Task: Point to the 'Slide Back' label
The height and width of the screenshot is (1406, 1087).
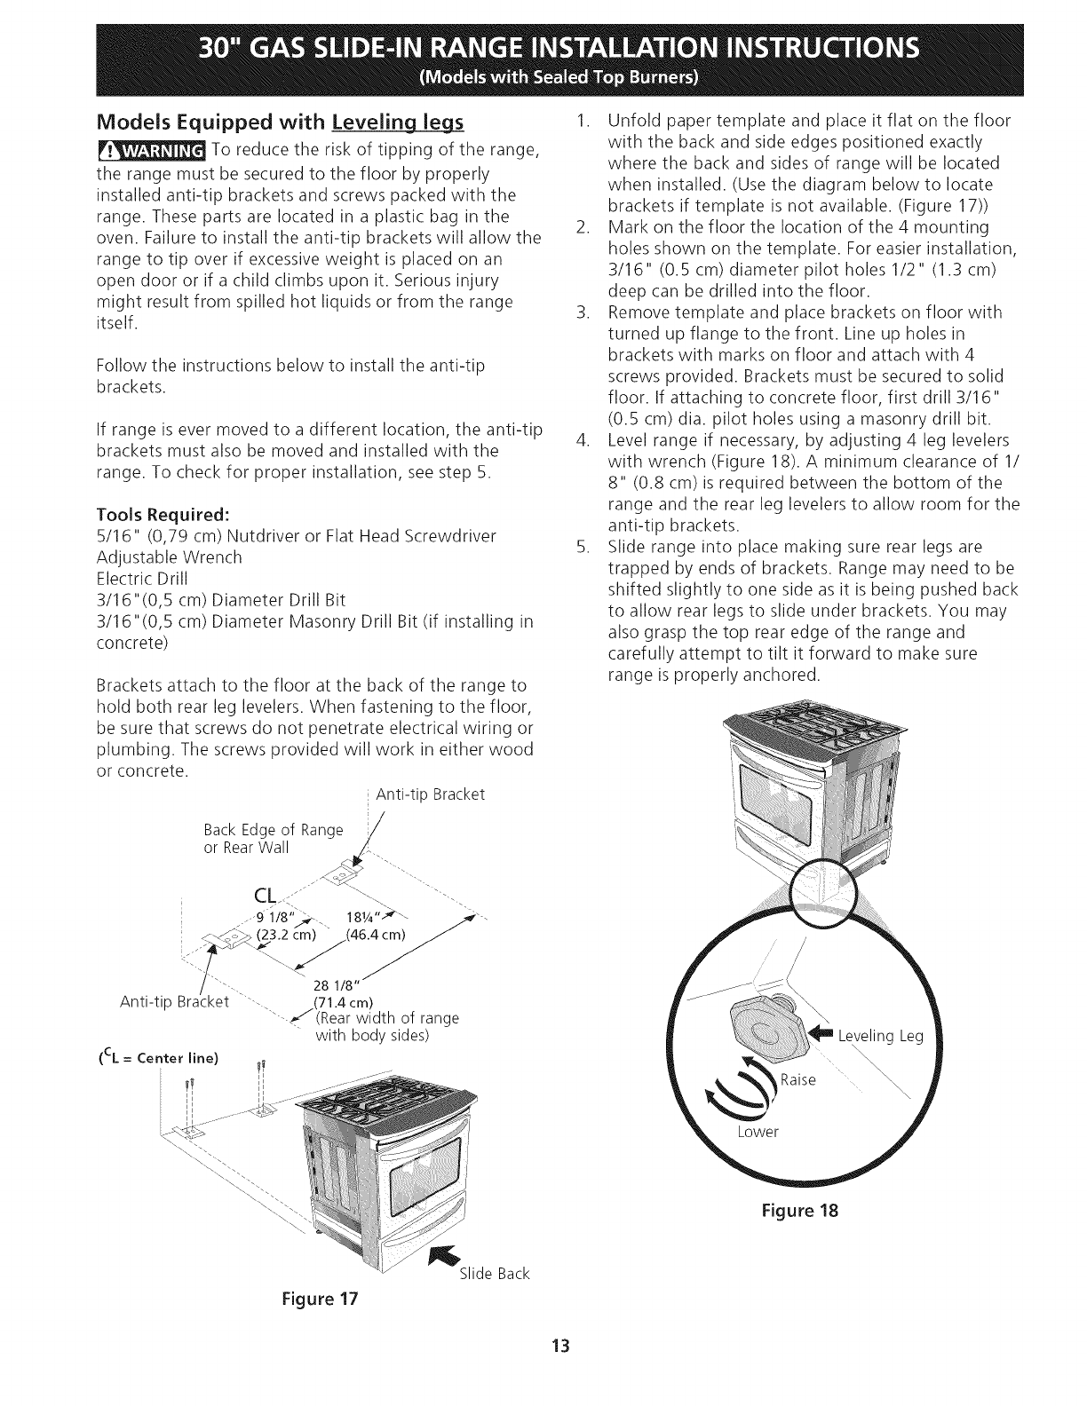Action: point(494,1274)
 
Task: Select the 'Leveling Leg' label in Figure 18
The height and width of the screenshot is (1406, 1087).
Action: point(880,1035)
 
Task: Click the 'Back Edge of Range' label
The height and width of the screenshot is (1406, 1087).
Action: point(273,830)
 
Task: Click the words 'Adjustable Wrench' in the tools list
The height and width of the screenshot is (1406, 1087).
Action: point(168,557)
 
